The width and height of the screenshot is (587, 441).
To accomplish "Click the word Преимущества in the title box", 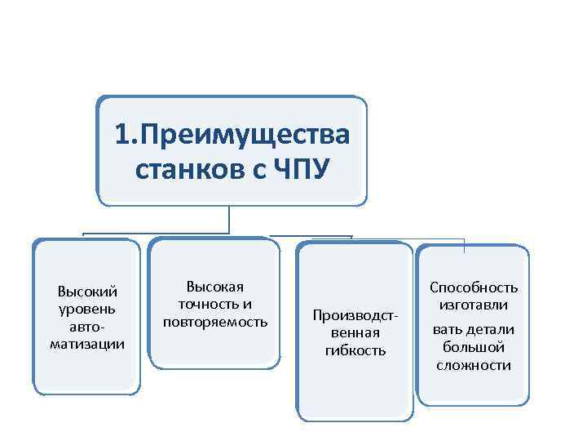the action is pyautogui.click(x=244, y=134).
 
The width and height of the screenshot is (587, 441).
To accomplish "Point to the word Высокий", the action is pyautogui.click(x=87, y=292).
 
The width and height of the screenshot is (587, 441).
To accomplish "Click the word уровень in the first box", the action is pyautogui.click(x=87, y=309).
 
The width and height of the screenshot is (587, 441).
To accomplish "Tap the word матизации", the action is pyautogui.click(x=87, y=343).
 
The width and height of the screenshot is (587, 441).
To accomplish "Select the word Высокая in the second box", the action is pyautogui.click(x=215, y=287).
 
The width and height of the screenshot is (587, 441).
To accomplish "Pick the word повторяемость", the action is pyautogui.click(x=215, y=321).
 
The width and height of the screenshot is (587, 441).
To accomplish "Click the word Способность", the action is pyautogui.click(x=474, y=287).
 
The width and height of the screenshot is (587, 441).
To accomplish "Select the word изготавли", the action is pyautogui.click(x=474, y=305).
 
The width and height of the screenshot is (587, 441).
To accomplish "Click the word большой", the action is pyautogui.click(x=474, y=347).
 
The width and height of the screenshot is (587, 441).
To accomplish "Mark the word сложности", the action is pyautogui.click(x=474, y=365).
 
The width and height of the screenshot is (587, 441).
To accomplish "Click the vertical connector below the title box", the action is pyautogui.click(x=229, y=218).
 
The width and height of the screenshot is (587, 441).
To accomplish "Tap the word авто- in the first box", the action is pyautogui.click(x=87, y=326).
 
